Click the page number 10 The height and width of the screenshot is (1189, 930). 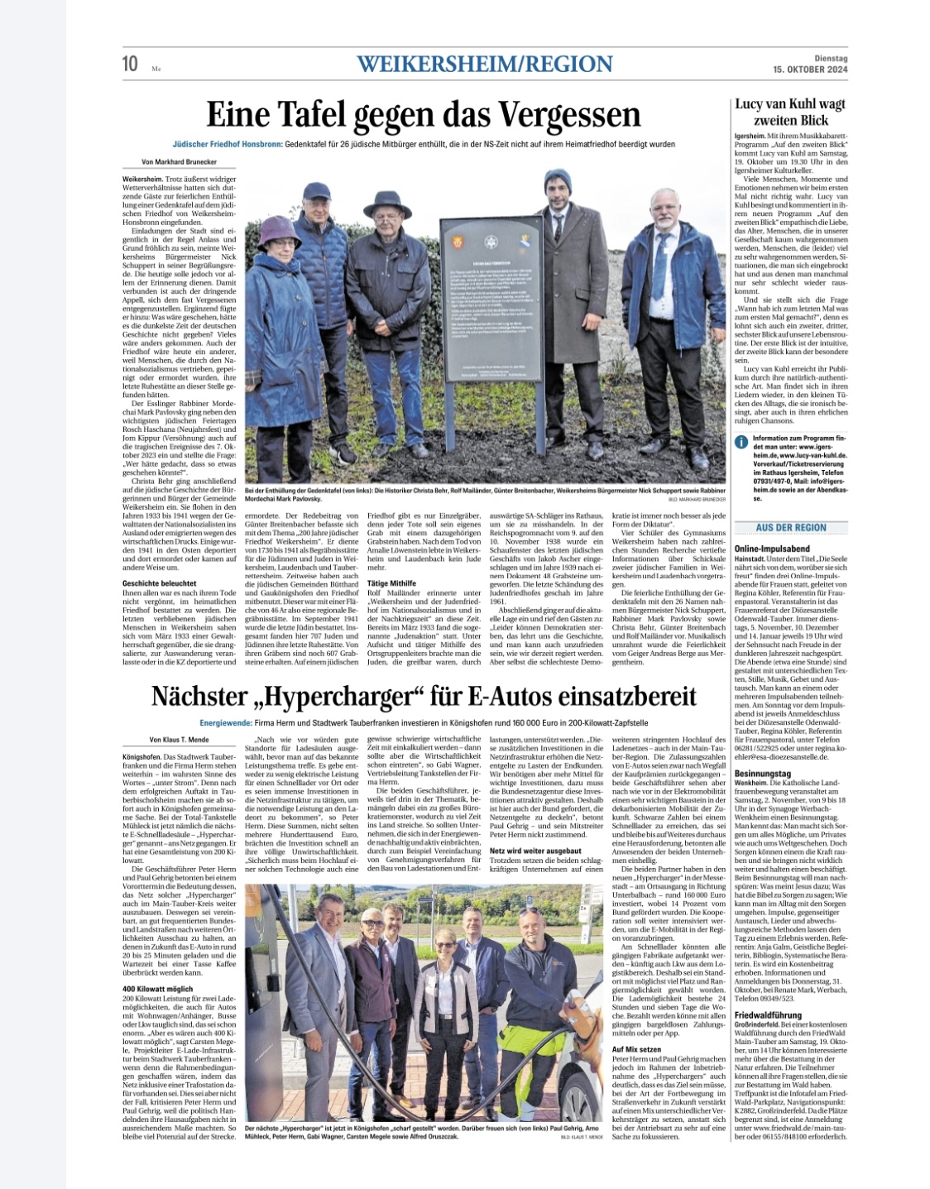point(131,64)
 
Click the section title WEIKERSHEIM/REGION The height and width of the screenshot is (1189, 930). point(486,64)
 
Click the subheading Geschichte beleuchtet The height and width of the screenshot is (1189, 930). point(159,583)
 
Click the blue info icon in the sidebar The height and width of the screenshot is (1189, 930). point(741,442)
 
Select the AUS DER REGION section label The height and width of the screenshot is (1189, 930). point(791,527)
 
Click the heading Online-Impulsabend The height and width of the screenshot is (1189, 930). point(772,549)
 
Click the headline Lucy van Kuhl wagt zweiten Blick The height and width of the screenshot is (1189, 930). point(790,112)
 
